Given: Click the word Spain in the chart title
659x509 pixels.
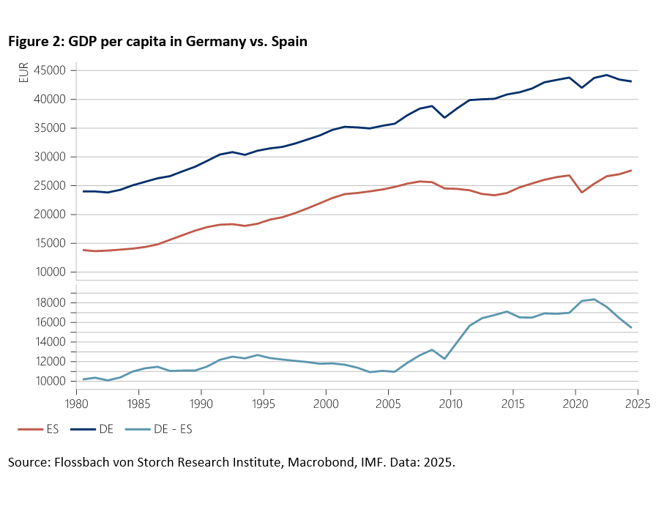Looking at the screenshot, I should tap(289, 42).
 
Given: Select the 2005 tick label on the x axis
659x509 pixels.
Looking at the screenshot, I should tap(388, 403).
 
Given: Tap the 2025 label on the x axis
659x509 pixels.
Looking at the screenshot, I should tap(638, 403).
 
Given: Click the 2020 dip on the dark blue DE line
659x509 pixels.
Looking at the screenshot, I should tap(582, 88).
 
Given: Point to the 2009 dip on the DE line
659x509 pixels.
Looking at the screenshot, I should tap(444, 117).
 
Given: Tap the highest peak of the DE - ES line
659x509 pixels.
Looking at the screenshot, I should tap(595, 299).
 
